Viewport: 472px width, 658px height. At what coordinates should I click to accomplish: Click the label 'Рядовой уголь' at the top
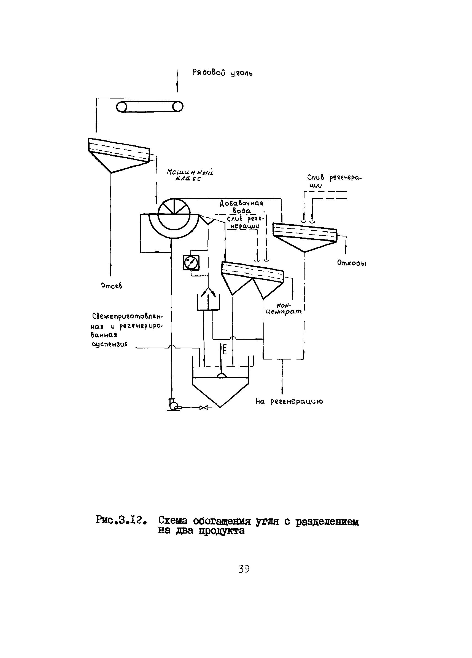tap(222, 73)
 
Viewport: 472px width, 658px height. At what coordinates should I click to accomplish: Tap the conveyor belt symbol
tap(150, 107)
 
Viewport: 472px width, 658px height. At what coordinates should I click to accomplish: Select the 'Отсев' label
tap(112, 286)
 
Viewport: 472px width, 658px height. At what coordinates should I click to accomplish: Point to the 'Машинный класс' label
tap(190, 175)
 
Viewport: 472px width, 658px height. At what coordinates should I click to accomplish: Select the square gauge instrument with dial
tap(191, 263)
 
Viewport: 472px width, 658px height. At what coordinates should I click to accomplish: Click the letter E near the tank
tap(225, 350)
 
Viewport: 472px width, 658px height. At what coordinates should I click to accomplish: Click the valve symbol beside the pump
tap(204, 407)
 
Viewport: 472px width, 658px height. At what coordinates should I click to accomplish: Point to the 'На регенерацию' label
tap(289, 401)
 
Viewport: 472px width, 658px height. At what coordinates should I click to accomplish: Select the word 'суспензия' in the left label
tap(110, 344)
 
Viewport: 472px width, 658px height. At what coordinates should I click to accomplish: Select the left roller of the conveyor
tap(122, 107)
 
